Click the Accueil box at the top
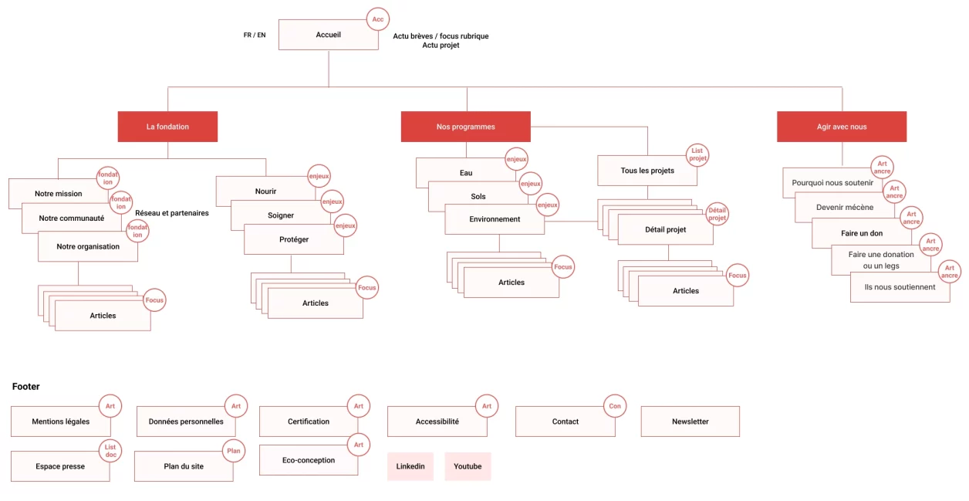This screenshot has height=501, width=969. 328,35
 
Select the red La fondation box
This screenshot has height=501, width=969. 167,127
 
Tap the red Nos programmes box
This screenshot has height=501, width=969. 465,127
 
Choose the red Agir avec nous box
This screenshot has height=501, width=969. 841,127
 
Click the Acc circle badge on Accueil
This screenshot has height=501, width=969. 377,19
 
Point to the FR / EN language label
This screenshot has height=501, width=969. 255,35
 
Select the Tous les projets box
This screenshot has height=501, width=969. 647,171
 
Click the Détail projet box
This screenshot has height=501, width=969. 665,229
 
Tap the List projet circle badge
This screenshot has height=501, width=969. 697,154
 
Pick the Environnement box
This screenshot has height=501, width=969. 495,219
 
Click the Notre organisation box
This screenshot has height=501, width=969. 88,246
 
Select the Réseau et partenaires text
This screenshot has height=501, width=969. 171,213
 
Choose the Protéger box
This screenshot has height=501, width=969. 293,239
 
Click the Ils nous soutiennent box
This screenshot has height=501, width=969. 900,287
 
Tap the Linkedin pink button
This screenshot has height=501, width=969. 410,466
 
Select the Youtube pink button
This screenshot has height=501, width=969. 468,466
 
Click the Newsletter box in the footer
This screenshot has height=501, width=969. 690,421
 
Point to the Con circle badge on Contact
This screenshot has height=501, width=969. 615,406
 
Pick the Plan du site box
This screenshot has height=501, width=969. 184,466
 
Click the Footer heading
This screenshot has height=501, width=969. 25,387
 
